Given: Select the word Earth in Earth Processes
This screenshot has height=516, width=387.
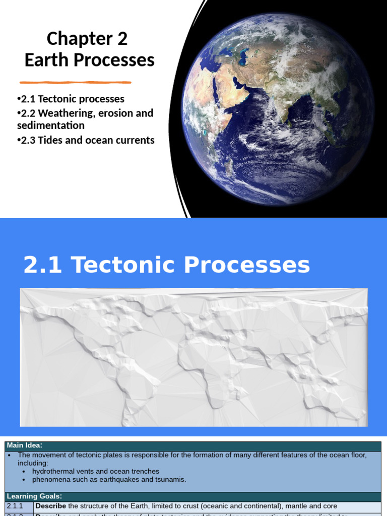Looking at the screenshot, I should pos(47,60).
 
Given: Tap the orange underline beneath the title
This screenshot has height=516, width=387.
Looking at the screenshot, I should pos(76,82).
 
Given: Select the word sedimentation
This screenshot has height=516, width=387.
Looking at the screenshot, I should pos(50,125).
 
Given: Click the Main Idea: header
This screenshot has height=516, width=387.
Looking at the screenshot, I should pos(24,445).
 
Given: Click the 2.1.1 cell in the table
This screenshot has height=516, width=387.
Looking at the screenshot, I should pos(15,505).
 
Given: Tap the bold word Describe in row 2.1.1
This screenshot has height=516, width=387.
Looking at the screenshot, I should pos(51,505).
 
